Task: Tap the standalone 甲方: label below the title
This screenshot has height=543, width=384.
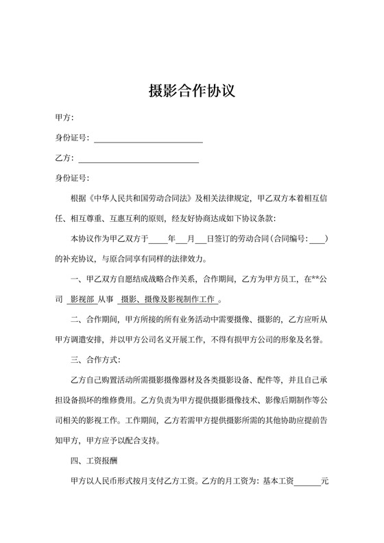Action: pos(64,118)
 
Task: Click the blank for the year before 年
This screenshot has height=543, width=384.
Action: pos(158,240)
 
